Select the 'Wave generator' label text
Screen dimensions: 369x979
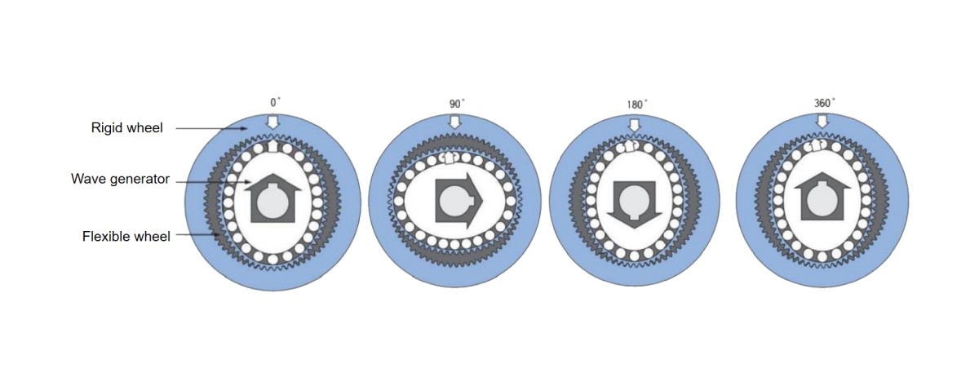120,180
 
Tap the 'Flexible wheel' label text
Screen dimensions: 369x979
126,237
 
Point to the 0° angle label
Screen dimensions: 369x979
276,103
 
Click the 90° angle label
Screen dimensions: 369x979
457,104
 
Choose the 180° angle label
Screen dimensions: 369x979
636,104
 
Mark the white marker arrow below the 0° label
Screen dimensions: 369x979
274,121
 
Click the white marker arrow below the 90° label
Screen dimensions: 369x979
455,122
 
